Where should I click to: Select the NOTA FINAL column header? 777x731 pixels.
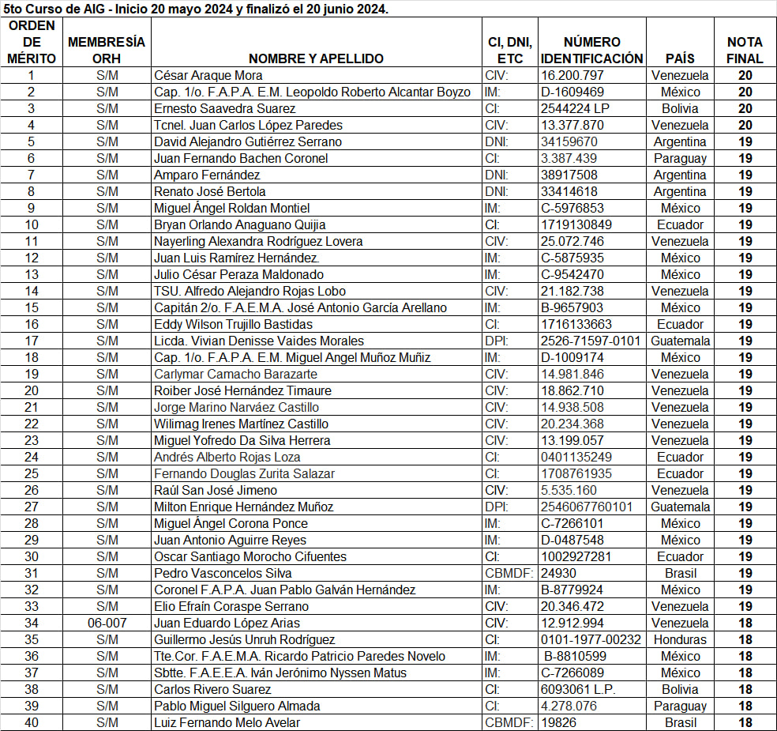(745, 50)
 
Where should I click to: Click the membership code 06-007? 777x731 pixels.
(107, 623)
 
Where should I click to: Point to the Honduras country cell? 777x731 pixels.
(680, 639)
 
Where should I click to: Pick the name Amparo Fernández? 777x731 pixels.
(207, 175)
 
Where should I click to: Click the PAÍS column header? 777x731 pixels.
(680, 58)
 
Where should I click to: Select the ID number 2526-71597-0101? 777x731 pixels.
(591, 341)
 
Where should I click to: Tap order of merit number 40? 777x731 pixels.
(32, 722)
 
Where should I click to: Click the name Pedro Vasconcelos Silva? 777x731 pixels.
(223, 573)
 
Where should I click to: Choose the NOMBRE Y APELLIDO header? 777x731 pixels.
(316, 58)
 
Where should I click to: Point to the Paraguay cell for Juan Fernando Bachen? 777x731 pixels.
(680, 158)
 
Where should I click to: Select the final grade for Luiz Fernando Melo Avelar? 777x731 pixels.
(745, 722)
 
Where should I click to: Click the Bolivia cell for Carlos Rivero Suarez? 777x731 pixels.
(680, 689)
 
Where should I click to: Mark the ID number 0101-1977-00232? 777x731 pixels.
(591, 639)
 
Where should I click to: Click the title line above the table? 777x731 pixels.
(196, 9)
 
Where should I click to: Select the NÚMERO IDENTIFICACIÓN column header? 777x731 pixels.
(591, 50)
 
